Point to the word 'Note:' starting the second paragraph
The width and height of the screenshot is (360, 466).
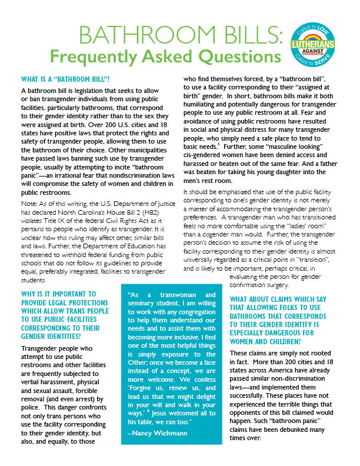click(29, 204)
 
